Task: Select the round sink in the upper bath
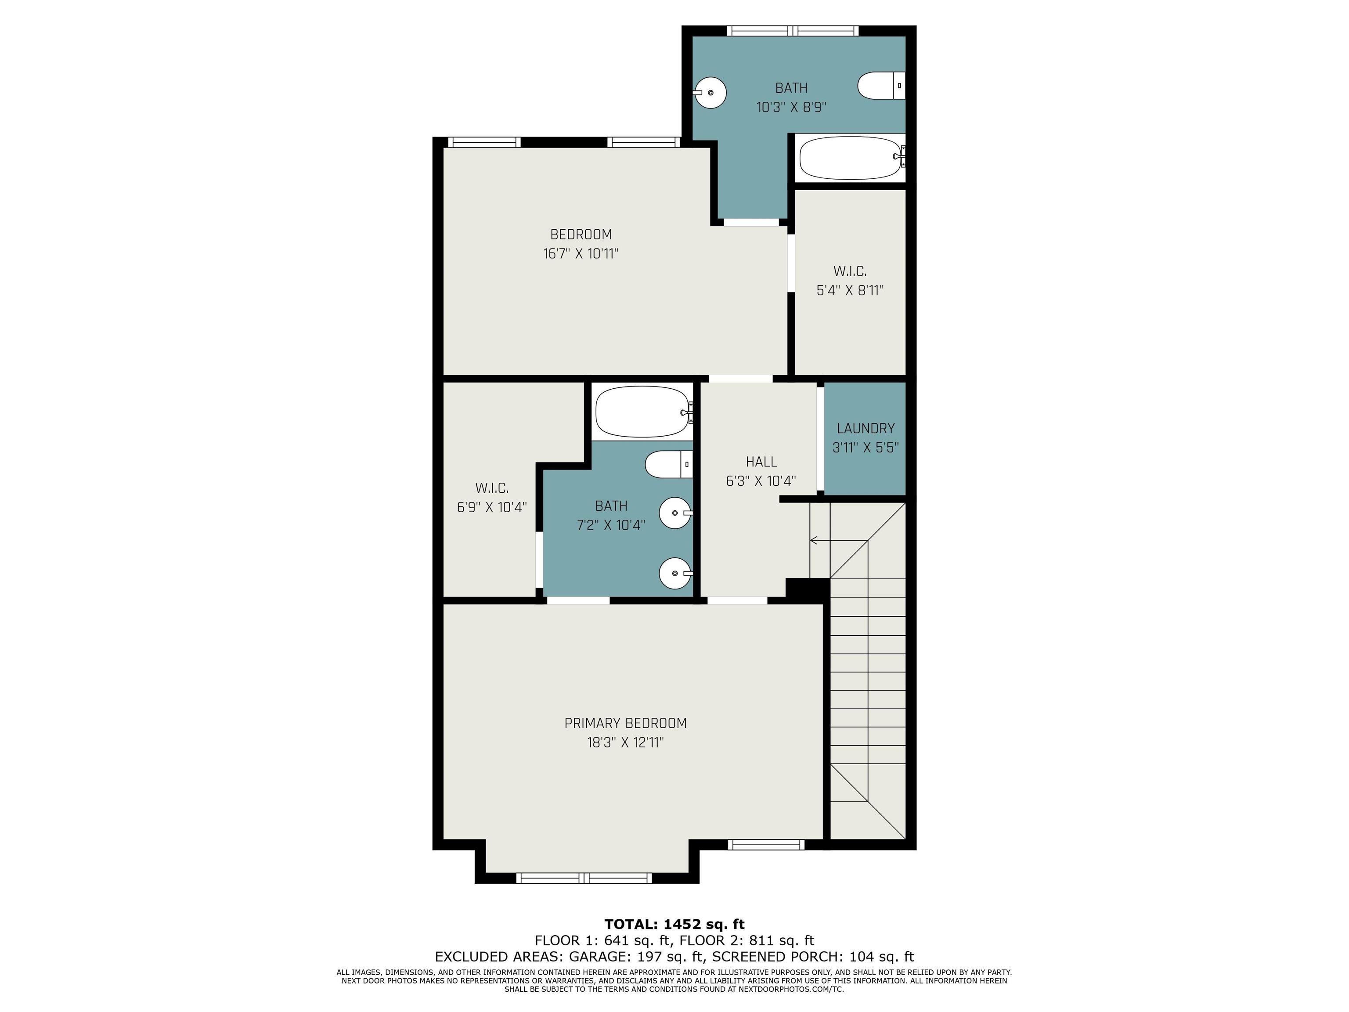click(x=711, y=93)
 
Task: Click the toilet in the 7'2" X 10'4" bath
click(x=669, y=465)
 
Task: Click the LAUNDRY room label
click(x=866, y=428)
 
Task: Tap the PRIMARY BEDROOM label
click(x=626, y=723)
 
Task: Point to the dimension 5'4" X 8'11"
click(x=850, y=290)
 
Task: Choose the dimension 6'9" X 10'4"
click(x=491, y=507)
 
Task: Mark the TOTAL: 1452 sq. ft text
click(x=674, y=924)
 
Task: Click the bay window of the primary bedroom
click(x=584, y=878)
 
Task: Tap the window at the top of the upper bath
click(x=793, y=30)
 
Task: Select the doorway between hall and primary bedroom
click(x=737, y=600)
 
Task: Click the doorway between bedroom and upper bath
click(x=751, y=222)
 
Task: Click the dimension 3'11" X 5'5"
click(x=866, y=448)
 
